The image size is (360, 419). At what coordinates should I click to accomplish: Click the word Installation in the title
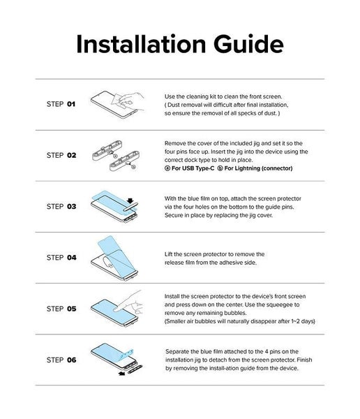(141, 44)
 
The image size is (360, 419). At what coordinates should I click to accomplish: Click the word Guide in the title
(248, 44)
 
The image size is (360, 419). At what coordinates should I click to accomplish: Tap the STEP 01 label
(61, 104)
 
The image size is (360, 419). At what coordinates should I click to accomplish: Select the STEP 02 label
(61, 155)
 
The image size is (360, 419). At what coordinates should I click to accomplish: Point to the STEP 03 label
(61, 207)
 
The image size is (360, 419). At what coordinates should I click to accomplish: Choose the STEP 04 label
(61, 258)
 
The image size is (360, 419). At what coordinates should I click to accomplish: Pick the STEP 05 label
(61, 309)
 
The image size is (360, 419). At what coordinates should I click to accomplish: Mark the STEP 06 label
(61, 360)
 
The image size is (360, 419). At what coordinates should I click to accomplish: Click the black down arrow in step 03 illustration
(130, 201)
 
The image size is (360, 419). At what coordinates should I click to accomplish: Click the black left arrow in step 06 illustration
(122, 374)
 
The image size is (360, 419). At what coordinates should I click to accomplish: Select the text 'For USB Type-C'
(193, 168)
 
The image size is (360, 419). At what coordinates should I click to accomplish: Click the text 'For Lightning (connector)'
(258, 168)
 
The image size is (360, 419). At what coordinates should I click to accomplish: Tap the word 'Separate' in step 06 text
(177, 352)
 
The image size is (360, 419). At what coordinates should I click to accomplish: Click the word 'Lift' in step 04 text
(169, 254)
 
